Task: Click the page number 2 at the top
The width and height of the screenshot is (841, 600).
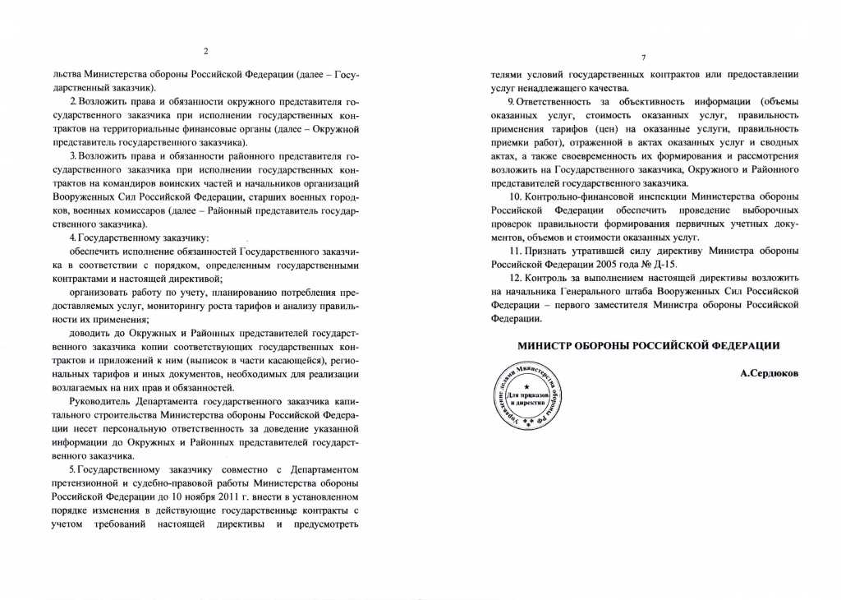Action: [x=205, y=51]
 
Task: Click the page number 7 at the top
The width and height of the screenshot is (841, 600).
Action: [x=644, y=57]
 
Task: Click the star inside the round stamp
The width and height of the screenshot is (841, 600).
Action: [x=526, y=386]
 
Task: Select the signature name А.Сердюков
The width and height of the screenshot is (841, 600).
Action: [x=769, y=373]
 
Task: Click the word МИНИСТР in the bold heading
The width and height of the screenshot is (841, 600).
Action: [x=547, y=347]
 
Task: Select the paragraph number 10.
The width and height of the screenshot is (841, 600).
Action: [x=515, y=197]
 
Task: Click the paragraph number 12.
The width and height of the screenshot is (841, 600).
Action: [x=515, y=278]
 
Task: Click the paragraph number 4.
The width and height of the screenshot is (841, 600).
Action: [x=71, y=238]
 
